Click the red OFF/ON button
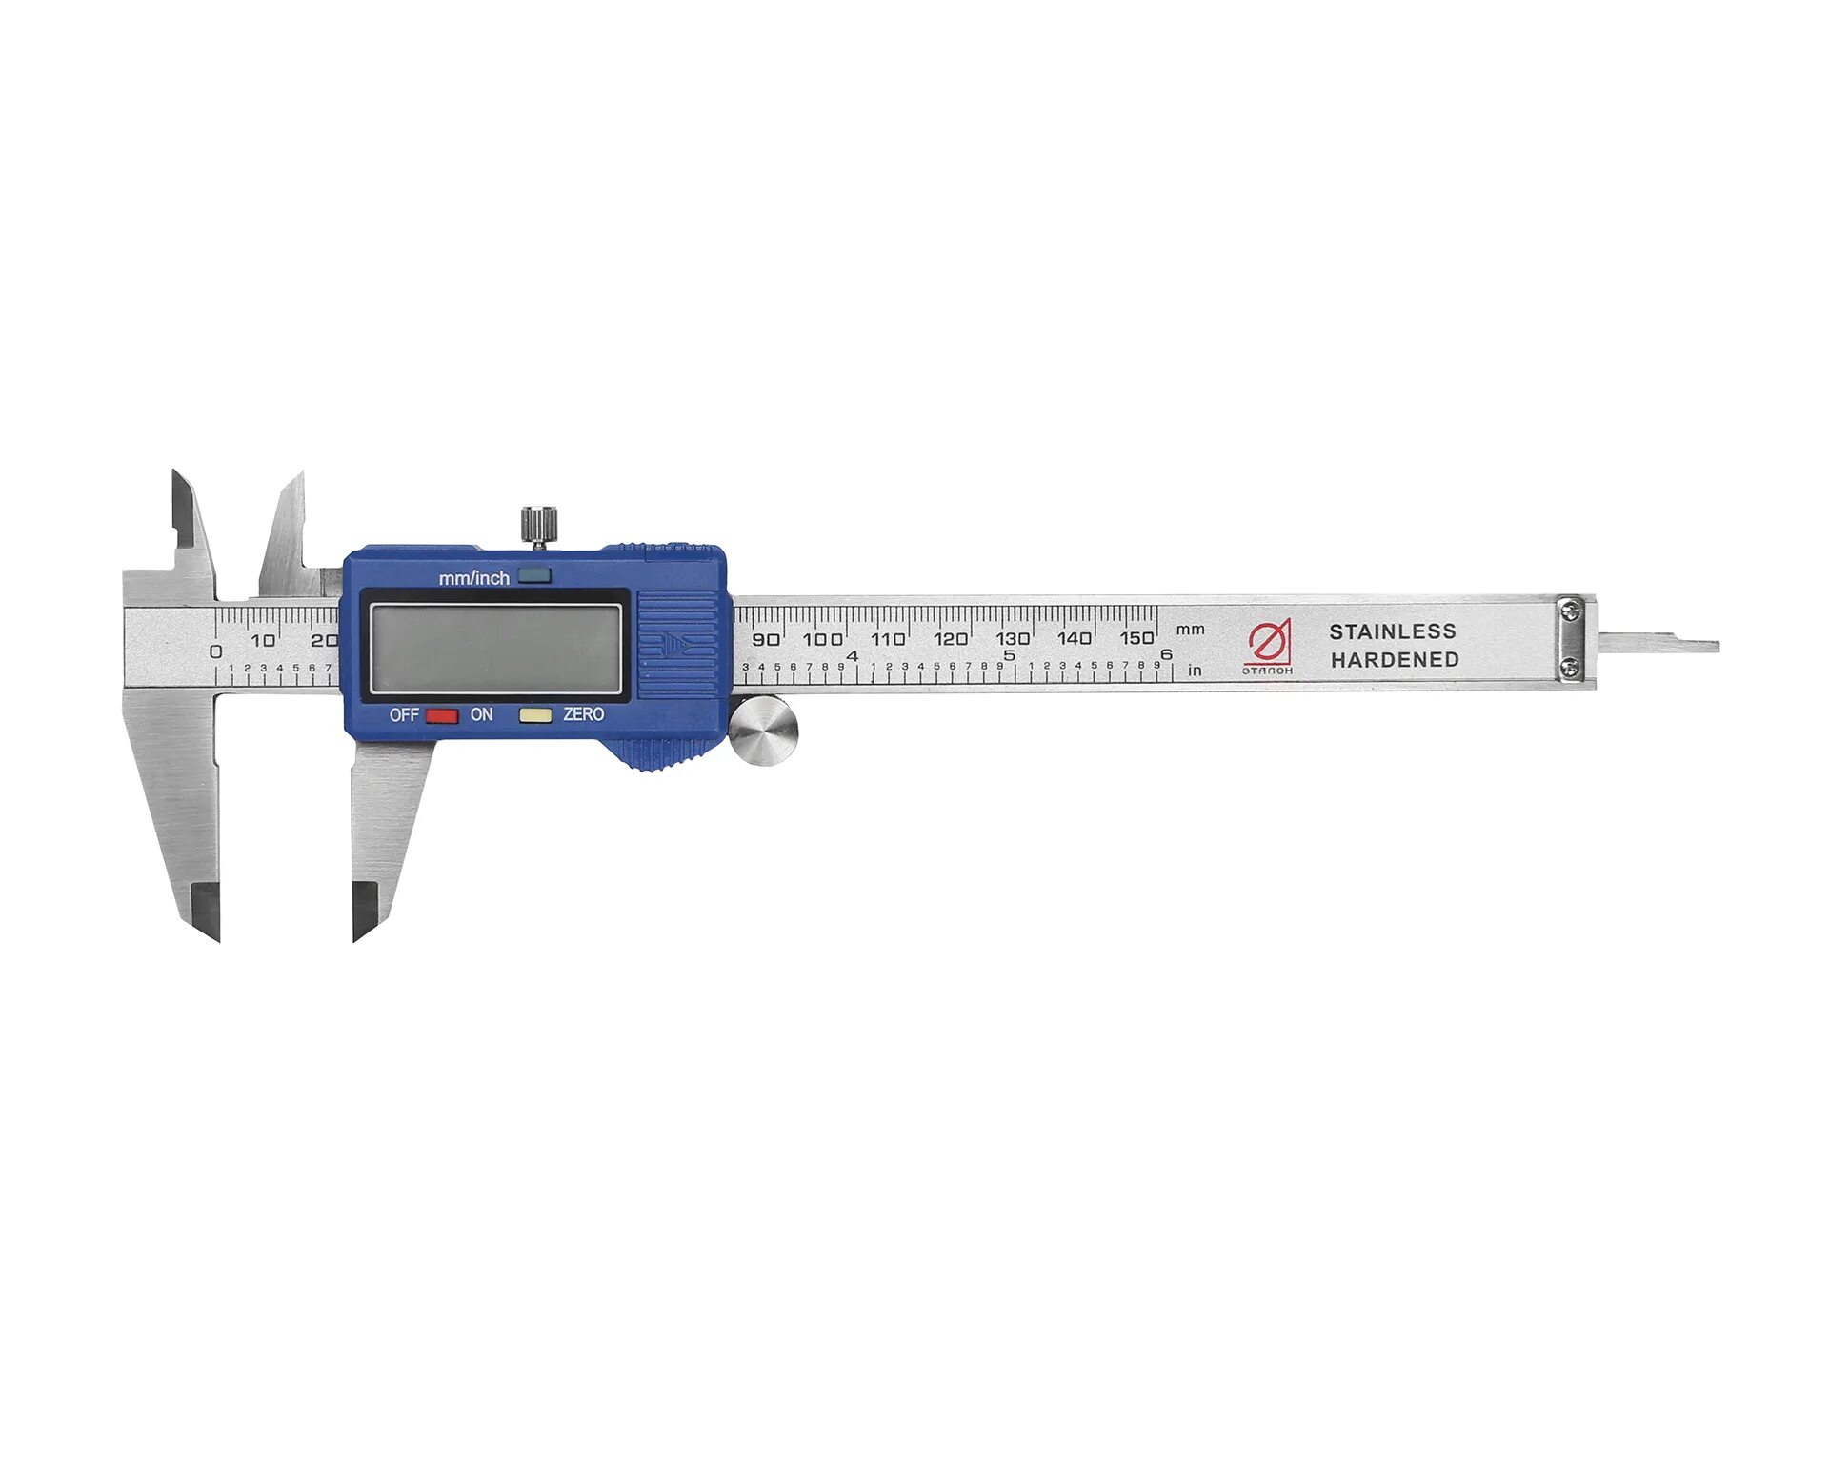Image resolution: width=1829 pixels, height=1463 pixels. [x=441, y=715]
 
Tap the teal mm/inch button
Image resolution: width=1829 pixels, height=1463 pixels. [x=534, y=576]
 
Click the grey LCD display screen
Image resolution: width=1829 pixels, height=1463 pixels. [x=495, y=649]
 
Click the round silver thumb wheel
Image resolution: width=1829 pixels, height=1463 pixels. [x=763, y=731]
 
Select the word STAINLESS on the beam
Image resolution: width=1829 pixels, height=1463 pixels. [x=1393, y=631]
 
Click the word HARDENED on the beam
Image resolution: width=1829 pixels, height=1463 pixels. [x=1395, y=659]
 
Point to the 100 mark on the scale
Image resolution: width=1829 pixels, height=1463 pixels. [x=822, y=638]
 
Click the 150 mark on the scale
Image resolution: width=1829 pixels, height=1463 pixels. [x=1136, y=637]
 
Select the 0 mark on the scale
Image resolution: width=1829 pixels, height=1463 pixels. [x=216, y=651]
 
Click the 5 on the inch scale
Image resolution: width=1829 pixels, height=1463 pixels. [x=1010, y=655]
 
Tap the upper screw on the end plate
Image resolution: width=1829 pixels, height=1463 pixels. [x=1571, y=606]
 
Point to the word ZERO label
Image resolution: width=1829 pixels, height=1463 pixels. [x=583, y=714]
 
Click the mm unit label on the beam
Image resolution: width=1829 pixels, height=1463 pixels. [x=1190, y=630]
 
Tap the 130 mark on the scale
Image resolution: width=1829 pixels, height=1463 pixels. [x=1013, y=638]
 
